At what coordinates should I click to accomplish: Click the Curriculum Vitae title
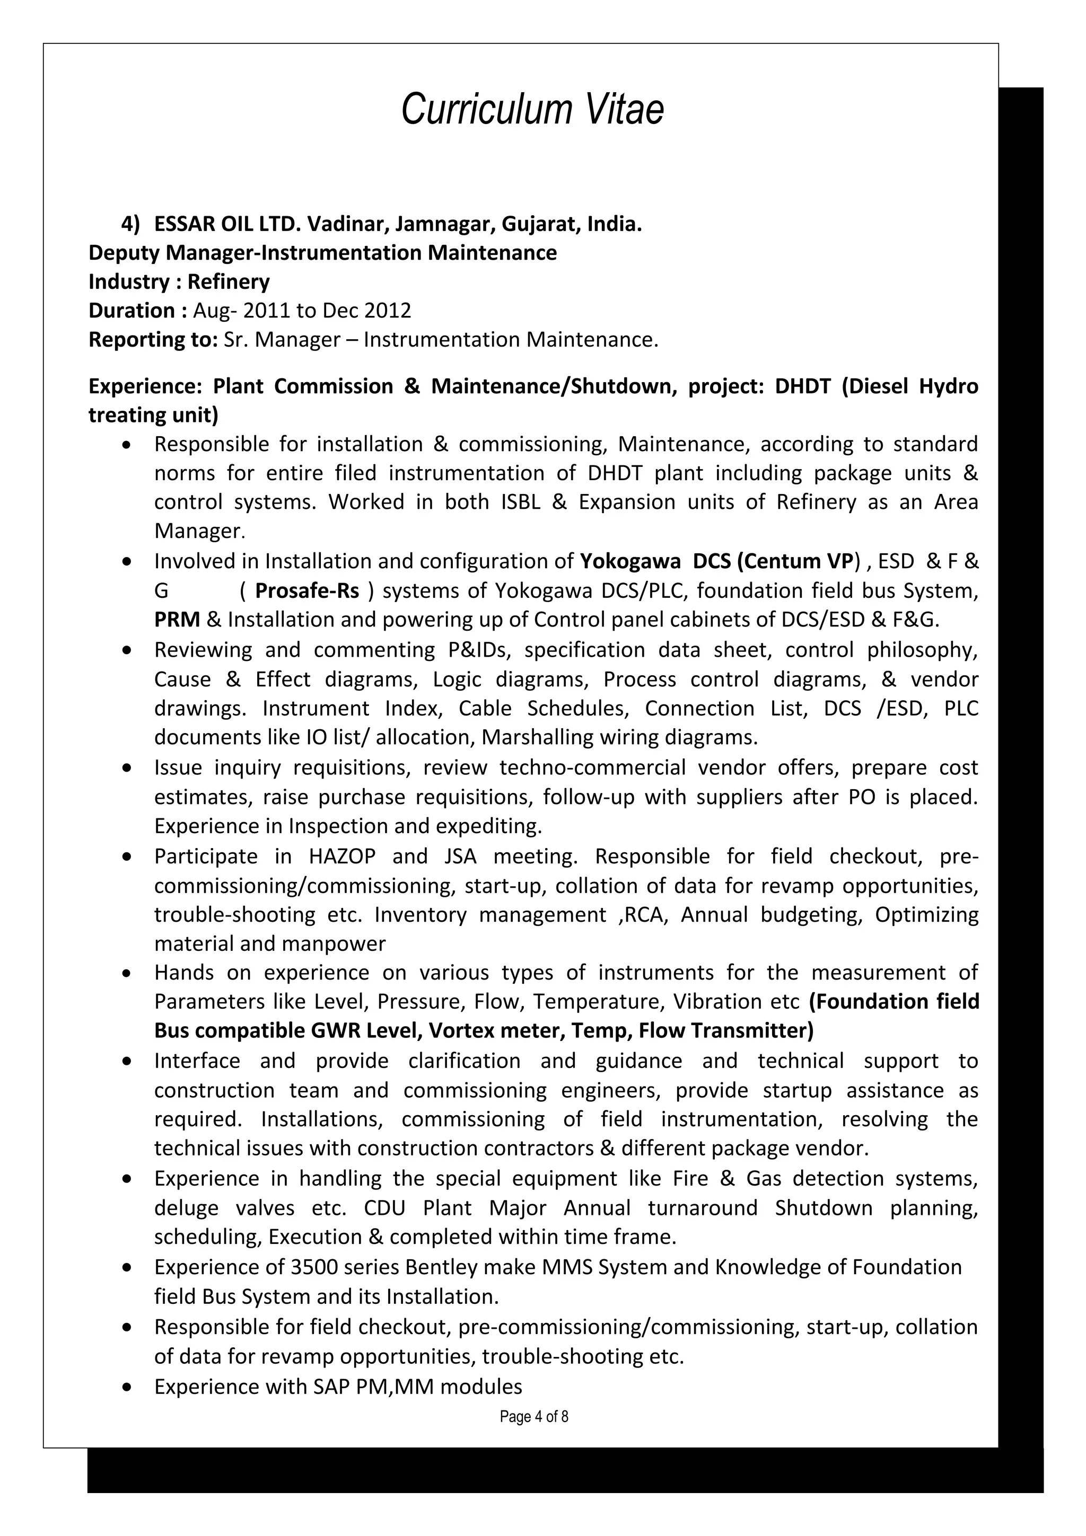coord(532,109)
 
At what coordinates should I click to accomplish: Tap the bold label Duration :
coord(137,311)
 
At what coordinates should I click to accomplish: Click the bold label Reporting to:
coord(153,339)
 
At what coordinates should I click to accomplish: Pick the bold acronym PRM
coord(177,620)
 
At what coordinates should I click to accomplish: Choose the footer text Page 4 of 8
coord(533,1416)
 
